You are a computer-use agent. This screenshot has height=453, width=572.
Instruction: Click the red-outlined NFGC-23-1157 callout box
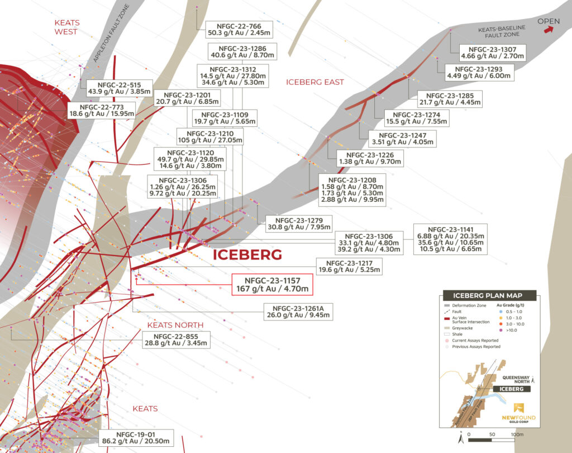271,284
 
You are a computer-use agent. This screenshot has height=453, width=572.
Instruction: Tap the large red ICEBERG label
247,255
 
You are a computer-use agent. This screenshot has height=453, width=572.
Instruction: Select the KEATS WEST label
66,27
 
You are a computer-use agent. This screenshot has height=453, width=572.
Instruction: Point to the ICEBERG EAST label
314,82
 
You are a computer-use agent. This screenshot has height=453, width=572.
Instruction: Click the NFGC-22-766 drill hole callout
238,30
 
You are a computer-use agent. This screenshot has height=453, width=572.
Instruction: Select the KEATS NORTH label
175,325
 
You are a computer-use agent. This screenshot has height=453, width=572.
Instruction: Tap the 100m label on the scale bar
517,434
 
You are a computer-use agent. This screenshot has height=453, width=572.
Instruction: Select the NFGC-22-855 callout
177,339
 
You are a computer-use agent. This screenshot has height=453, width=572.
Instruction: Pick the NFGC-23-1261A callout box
294,311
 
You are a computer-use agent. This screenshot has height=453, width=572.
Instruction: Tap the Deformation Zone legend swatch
447,306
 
